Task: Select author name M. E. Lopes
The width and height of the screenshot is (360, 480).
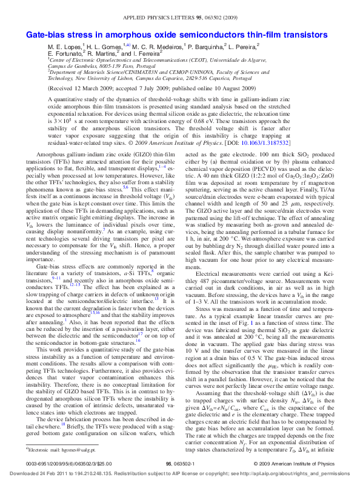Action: pos(63,45)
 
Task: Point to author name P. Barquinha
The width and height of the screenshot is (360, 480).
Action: pos(206,45)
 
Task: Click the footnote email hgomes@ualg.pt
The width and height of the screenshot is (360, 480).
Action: pos(67,452)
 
